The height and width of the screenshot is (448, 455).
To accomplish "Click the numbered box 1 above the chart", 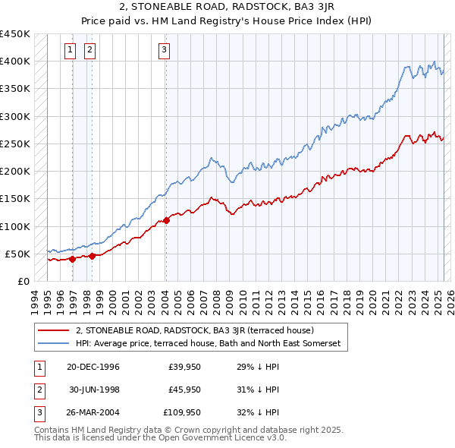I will pos(70,51).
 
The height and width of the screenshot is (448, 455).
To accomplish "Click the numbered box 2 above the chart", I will pos(89,51).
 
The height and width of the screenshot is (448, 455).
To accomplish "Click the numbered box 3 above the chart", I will pos(164,51).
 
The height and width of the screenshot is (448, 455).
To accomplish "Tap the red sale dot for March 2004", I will pos(166,221).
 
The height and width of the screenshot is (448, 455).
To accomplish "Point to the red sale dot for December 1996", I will pos(72,259).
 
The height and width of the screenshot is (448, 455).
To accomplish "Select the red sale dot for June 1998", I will pos(92,256).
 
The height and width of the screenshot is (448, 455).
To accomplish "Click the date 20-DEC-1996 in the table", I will pos(93,367).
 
